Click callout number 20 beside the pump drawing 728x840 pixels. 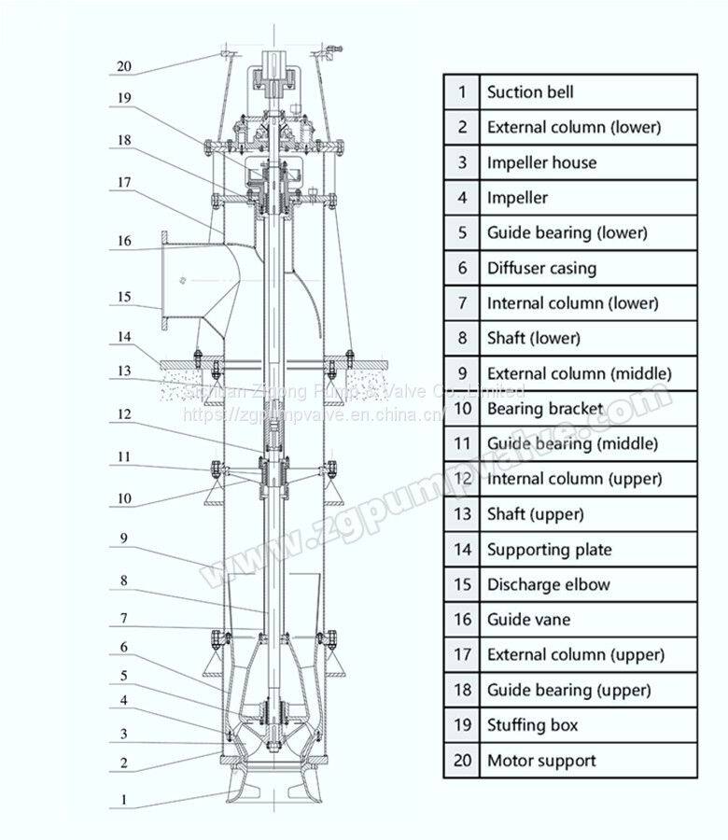[125, 67]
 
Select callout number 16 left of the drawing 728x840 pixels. [124, 242]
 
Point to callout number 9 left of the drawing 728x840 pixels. [123, 539]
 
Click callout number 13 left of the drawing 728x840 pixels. [124, 371]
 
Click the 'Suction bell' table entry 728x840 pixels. [529, 92]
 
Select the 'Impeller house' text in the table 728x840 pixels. [540, 162]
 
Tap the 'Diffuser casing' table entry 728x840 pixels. [540, 268]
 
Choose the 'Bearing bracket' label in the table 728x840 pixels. [545, 409]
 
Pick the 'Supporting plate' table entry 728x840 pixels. [549, 550]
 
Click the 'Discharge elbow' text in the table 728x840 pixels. [548, 585]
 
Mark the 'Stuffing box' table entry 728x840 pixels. [532, 725]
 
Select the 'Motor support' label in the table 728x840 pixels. [540, 761]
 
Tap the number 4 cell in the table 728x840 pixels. [462, 198]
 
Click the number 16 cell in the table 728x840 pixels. [462, 620]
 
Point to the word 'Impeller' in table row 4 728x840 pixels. [517, 198]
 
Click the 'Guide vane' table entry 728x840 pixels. [528, 620]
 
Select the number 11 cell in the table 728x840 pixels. [462, 444]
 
